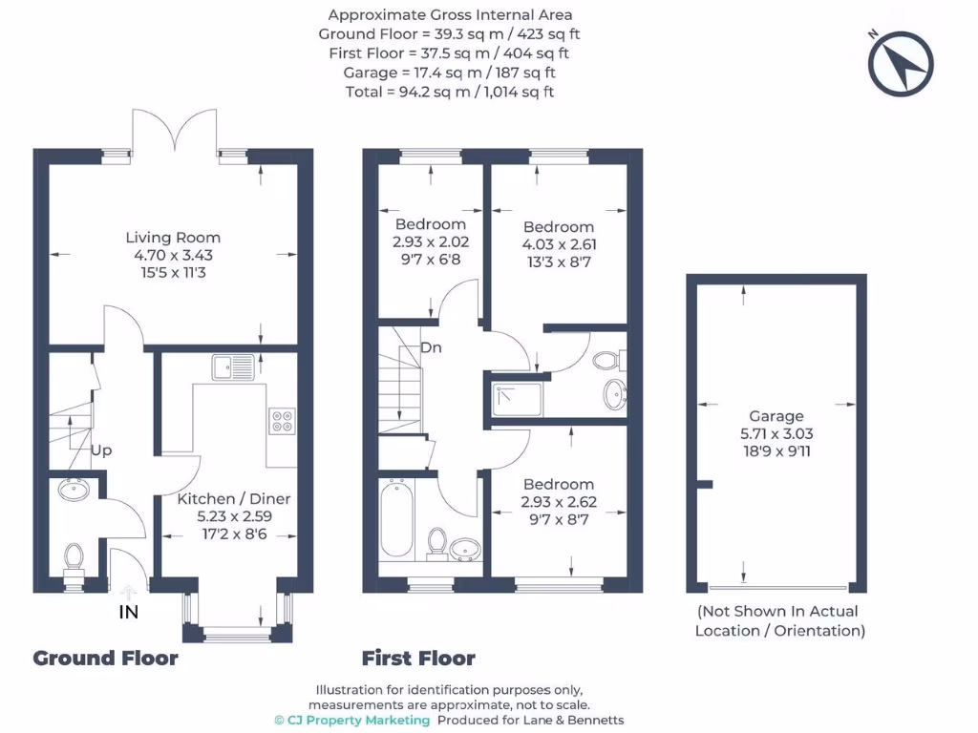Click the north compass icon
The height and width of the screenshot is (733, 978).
tap(900, 64)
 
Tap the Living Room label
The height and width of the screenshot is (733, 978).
tap(173, 238)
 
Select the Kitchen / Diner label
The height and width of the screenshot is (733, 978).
tap(234, 498)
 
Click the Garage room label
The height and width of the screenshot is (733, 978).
tap(776, 416)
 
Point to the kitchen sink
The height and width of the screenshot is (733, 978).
tap(234, 366)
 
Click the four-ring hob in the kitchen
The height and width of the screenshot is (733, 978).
tap(282, 420)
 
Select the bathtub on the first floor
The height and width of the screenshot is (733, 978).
tap(395, 522)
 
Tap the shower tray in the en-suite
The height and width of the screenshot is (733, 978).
tap(518, 399)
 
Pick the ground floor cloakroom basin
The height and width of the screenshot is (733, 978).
tap(74, 491)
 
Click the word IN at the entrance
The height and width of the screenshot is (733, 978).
tap(128, 613)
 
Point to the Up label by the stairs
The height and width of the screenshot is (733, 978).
tap(102, 450)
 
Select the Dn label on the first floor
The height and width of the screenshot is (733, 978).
tap(431, 348)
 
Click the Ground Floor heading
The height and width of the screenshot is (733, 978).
tap(105, 658)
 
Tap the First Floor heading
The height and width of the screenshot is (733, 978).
tap(418, 658)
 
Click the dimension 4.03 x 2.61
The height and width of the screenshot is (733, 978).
tap(559, 243)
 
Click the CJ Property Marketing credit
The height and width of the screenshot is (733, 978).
tap(351, 720)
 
